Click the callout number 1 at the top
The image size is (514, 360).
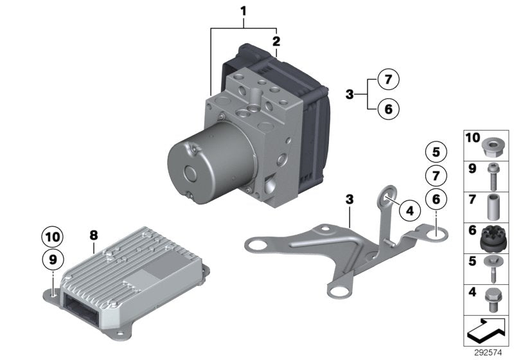click(x=244, y=10)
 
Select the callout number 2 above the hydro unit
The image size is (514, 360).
click(x=276, y=42)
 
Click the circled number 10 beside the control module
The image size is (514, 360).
click(x=53, y=237)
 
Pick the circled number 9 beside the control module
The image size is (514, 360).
click(x=53, y=260)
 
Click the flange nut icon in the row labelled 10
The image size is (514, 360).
click(x=492, y=147)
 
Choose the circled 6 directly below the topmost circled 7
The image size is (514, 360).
click(x=387, y=109)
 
